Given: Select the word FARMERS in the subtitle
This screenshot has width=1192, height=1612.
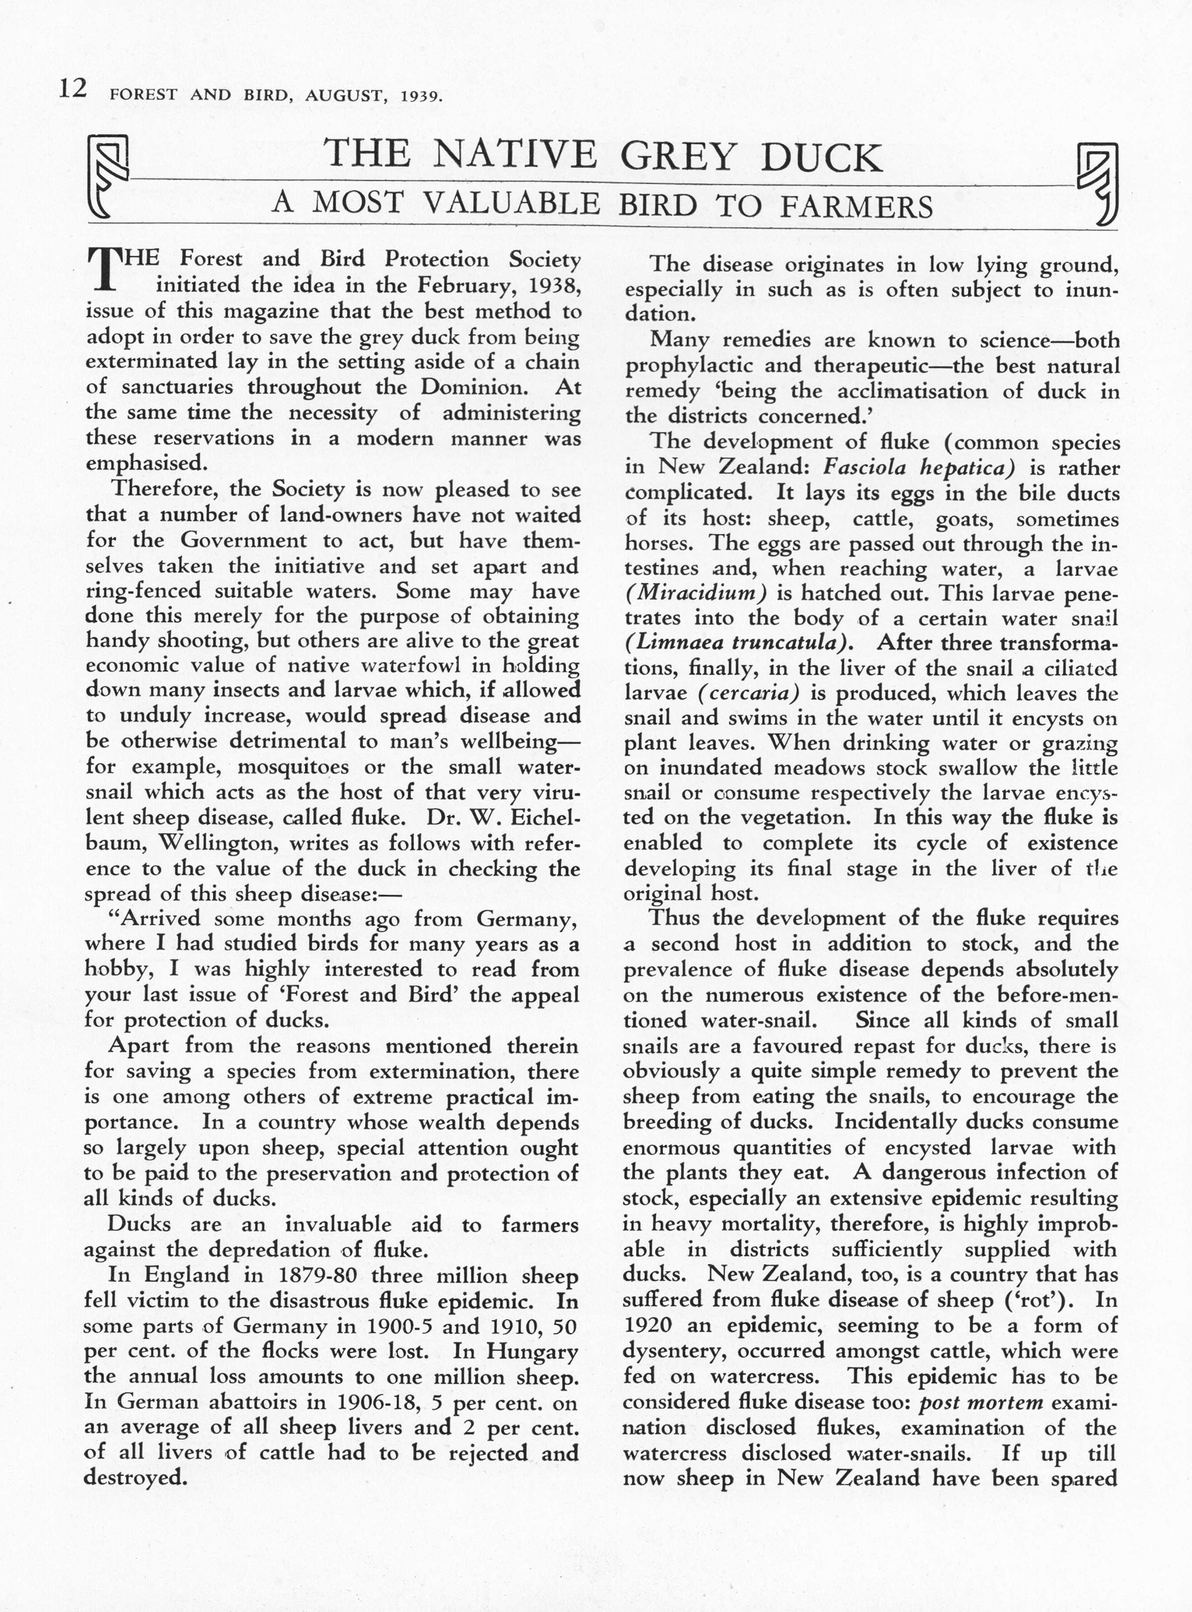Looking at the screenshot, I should point(857,207).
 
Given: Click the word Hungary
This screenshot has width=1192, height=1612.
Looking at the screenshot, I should point(532,1351).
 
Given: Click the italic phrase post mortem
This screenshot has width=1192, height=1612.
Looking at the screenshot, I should point(981,1402).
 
